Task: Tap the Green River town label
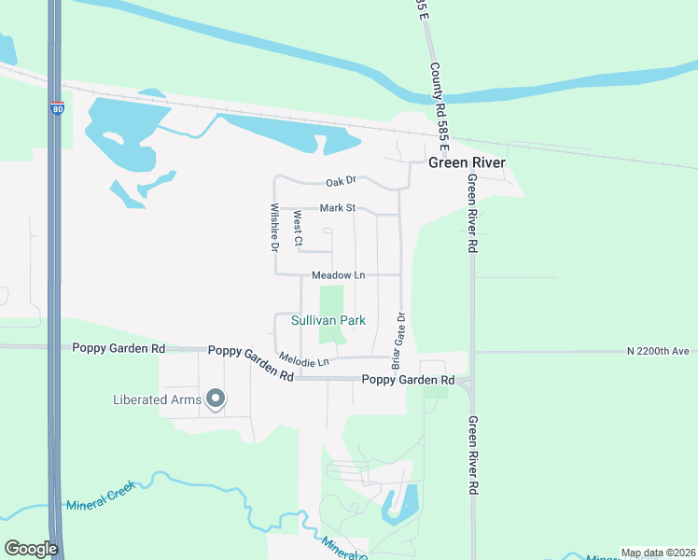tap(467, 162)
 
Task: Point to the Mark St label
tap(338, 208)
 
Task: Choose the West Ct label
tap(298, 230)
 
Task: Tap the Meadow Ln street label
tap(338, 275)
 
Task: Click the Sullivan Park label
tap(328, 320)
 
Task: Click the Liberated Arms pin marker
tap(216, 399)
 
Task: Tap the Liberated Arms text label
tap(157, 400)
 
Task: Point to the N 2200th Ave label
tap(657, 351)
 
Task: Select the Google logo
tap(30, 549)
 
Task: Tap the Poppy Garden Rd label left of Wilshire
tap(119, 348)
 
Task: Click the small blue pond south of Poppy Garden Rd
tap(399, 504)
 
